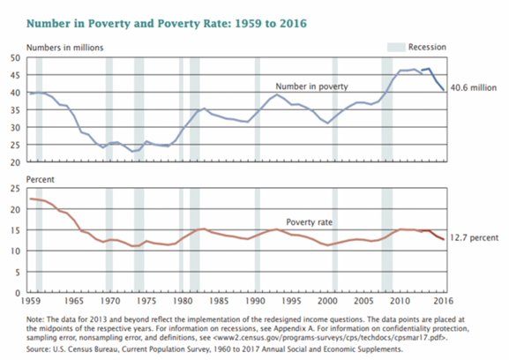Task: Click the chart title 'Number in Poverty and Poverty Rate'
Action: tap(128, 24)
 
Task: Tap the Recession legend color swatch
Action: tap(396, 47)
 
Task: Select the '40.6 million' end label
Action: tap(474, 87)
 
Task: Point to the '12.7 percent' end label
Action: tap(474, 237)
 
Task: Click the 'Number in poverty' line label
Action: tap(311, 86)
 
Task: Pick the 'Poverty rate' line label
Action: tap(309, 222)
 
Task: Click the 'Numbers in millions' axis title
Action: tap(65, 48)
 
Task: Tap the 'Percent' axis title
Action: tap(41, 179)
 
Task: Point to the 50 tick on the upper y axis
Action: tap(15, 58)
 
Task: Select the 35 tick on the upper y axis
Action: tap(15, 110)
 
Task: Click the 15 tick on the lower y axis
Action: tap(15, 230)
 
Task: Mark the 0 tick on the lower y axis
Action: tap(18, 293)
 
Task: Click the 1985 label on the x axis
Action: tap(219, 301)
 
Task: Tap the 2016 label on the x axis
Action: tap(444, 301)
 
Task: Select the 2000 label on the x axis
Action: tap(327, 301)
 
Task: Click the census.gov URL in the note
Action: tap(330, 338)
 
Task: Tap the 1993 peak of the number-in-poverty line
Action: tap(277, 94)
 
